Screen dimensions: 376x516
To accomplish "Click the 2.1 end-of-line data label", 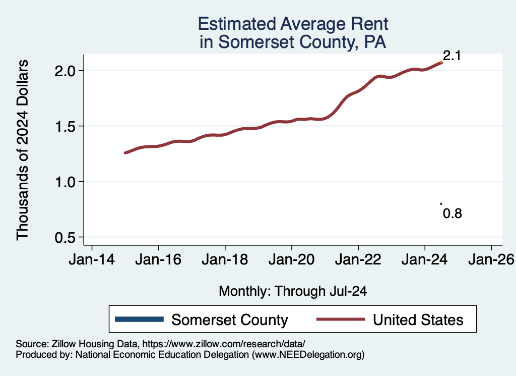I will (x=452, y=56).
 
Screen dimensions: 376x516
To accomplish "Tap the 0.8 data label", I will (x=452, y=213).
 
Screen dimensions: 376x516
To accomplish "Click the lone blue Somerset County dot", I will (x=441, y=204).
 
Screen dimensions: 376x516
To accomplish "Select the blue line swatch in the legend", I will (x=140, y=319).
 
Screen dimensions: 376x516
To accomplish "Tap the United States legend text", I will (x=417, y=319).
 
